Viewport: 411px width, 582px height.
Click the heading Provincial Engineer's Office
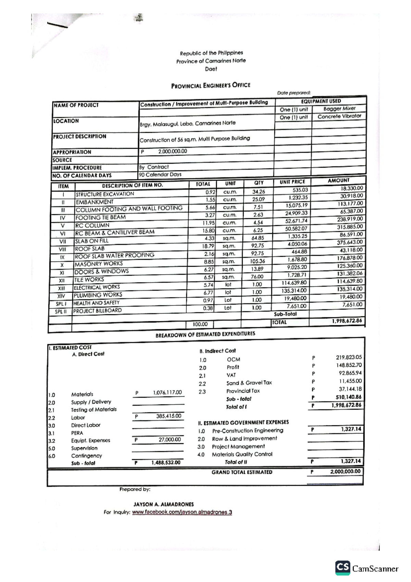211,85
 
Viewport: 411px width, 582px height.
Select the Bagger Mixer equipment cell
339,109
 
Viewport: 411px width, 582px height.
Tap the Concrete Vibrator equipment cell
339,116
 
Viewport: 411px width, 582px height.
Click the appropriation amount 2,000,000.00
172,151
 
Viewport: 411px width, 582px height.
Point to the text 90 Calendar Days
160,174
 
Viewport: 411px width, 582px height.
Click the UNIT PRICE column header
292,182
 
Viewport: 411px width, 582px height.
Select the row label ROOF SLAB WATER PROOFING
114,256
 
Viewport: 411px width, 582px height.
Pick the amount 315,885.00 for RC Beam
349,227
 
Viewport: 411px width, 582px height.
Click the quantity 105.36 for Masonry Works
258,261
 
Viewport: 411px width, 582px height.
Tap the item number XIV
61,296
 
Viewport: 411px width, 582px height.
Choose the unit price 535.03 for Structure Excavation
300,190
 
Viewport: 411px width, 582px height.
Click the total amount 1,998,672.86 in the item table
347,321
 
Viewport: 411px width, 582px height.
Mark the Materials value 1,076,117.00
167,392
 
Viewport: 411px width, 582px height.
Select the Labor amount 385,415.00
169,416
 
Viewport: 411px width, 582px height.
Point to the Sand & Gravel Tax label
249,383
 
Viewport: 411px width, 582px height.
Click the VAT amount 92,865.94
350,373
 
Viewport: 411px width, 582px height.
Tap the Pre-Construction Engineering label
247,431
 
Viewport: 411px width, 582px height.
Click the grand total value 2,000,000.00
345,472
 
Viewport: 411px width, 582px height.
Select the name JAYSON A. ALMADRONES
163,504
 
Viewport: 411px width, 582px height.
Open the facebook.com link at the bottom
182,512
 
